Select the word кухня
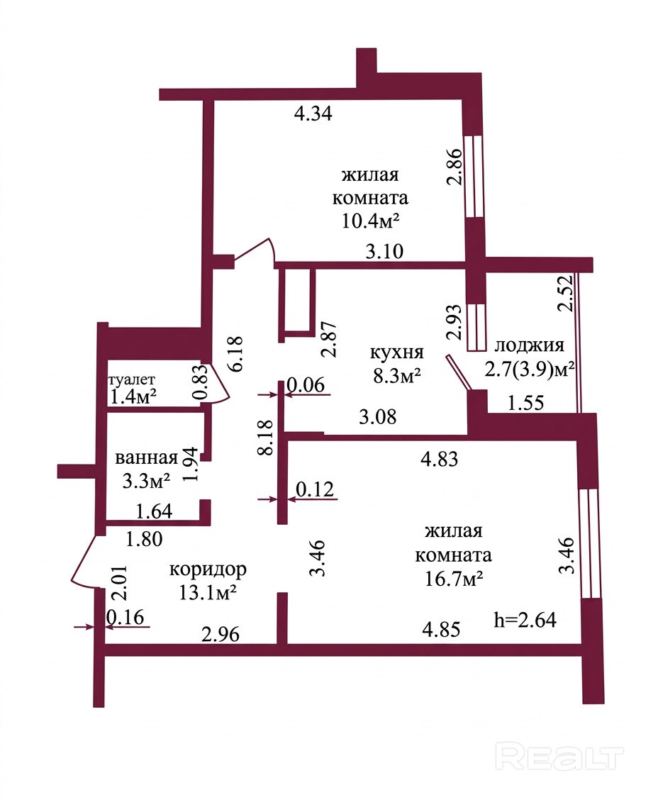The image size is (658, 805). (396, 352)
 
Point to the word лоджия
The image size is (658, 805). (529, 346)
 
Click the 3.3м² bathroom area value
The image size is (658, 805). (147, 480)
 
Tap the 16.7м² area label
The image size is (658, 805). (454, 579)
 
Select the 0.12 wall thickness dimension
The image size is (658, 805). (314, 489)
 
